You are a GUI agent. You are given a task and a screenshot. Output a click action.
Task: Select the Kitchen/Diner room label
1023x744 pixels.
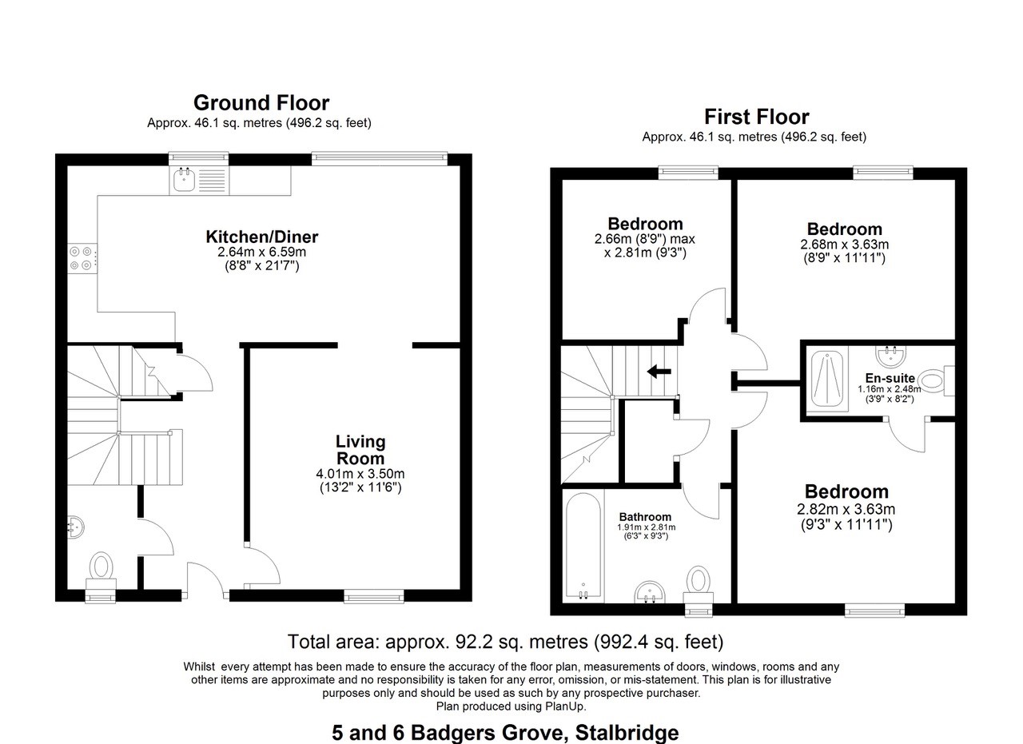[x=262, y=237]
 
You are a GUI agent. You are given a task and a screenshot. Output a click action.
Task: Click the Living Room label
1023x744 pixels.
[x=360, y=450]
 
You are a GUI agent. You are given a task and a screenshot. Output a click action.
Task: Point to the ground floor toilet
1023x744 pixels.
[x=101, y=567]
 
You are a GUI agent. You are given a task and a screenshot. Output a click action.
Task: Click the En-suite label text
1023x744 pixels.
[x=886, y=379]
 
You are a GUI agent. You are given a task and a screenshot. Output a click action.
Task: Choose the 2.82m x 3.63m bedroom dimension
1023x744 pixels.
[x=846, y=510]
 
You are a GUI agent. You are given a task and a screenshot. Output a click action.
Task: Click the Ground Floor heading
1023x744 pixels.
[x=261, y=103]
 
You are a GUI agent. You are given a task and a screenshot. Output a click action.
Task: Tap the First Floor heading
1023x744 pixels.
[x=756, y=117]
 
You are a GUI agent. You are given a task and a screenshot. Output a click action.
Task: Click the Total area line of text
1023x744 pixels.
[x=505, y=642]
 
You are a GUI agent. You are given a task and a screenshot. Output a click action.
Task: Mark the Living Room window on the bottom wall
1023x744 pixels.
[x=373, y=595]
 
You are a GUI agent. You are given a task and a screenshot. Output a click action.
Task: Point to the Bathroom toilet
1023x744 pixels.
[x=699, y=582]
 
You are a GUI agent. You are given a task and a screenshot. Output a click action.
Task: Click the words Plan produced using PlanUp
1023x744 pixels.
[x=511, y=706]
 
